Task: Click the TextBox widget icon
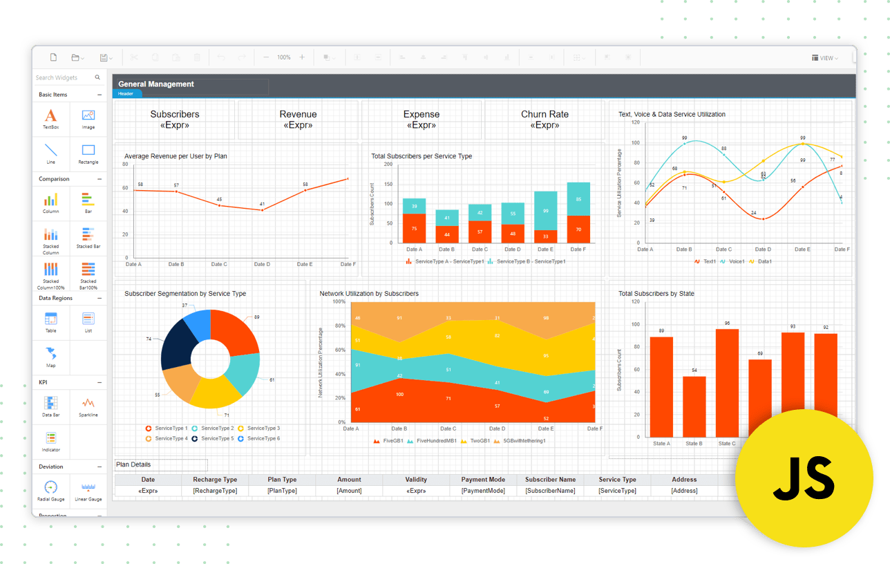pyautogui.click(x=51, y=116)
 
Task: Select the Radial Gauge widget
pyautogui.click(x=51, y=487)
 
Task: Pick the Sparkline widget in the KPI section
pyautogui.click(x=88, y=403)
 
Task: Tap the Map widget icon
pyautogui.click(x=51, y=354)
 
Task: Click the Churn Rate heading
pyautogui.click(x=545, y=115)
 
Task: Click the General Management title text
pyautogui.click(x=156, y=84)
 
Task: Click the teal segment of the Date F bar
pyautogui.click(x=578, y=199)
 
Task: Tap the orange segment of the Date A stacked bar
pyautogui.click(x=414, y=228)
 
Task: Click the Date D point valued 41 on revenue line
pyautogui.click(x=262, y=210)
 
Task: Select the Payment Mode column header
pyautogui.click(x=483, y=480)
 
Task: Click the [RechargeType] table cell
pyautogui.click(x=215, y=491)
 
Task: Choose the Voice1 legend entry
pyautogui.click(x=736, y=261)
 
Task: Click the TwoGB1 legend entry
pyautogui.click(x=480, y=440)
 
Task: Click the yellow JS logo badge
pyautogui.click(x=804, y=478)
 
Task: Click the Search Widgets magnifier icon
pyautogui.click(x=97, y=77)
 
